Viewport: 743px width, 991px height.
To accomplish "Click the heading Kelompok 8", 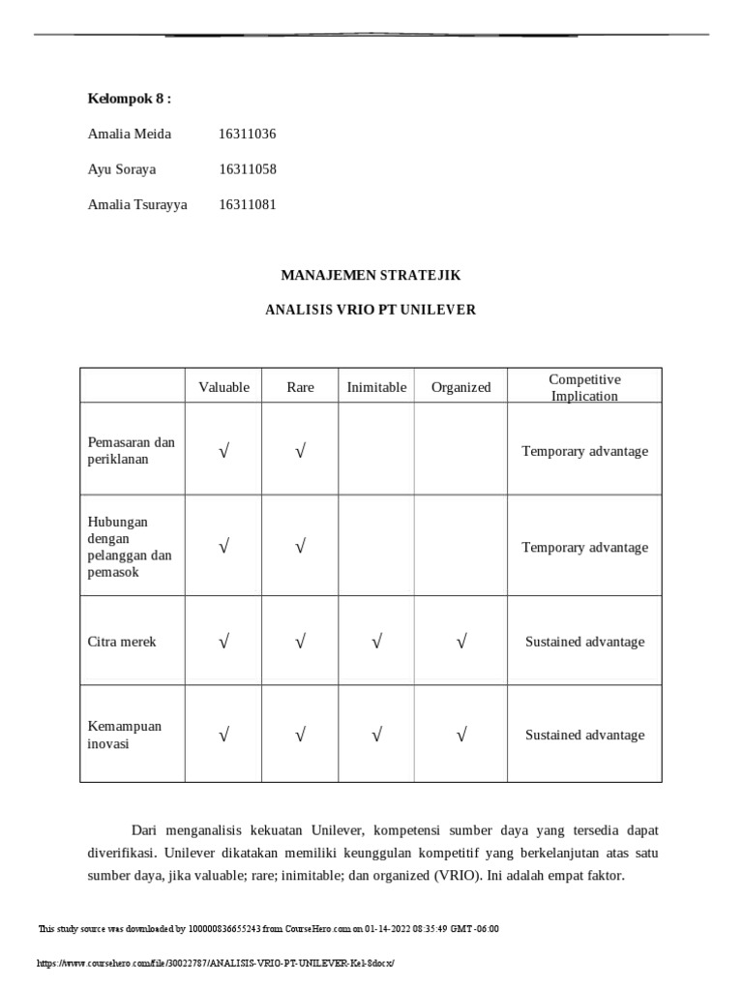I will click(x=130, y=99).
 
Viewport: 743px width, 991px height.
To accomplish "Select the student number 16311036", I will click(x=248, y=135).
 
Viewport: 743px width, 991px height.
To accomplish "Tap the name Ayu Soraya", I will click(x=121, y=169).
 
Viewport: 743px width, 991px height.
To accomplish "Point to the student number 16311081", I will click(x=248, y=204).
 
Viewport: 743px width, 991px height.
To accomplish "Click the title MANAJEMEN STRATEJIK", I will click(x=371, y=276).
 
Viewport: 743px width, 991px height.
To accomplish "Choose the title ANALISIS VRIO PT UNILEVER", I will click(x=371, y=311).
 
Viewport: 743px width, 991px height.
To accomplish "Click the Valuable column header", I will click(x=223, y=387).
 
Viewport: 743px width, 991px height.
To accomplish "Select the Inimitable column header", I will click(x=376, y=387).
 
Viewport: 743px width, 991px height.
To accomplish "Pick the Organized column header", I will click(x=461, y=387).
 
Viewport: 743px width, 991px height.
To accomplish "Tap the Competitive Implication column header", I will click(x=584, y=387).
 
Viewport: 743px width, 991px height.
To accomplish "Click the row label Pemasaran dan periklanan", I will click(x=131, y=451).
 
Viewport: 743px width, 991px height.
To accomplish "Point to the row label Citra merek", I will click(x=121, y=642).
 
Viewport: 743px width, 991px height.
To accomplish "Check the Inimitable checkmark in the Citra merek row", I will click(x=376, y=642).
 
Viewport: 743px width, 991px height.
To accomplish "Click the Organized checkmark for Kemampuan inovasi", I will click(x=461, y=736).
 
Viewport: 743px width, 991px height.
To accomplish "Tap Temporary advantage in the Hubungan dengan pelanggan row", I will click(x=584, y=548).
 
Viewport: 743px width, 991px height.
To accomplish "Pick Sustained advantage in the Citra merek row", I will click(x=584, y=642).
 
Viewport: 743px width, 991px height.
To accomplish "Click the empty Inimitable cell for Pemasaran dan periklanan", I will click(x=376, y=451).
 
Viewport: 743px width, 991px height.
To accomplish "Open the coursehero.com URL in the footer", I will click(x=216, y=964).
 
